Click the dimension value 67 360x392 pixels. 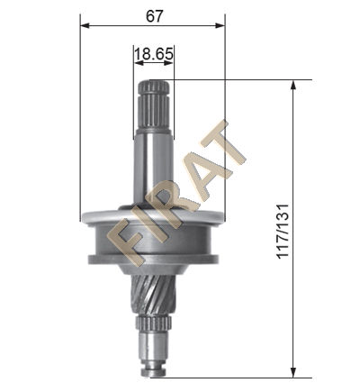click(x=154, y=16)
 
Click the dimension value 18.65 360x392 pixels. click(x=154, y=54)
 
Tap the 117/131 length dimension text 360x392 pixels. click(x=283, y=231)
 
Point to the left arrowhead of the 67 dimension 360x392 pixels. click(x=85, y=26)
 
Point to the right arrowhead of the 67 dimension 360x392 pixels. click(x=220, y=26)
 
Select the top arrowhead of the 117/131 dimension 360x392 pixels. click(x=293, y=85)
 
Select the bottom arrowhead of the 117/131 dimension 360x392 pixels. click(x=293, y=373)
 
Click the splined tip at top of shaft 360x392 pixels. click(x=154, y=105)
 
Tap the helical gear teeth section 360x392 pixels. click(x=153, y=296)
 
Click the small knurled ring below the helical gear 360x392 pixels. click(x=154, y=324)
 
